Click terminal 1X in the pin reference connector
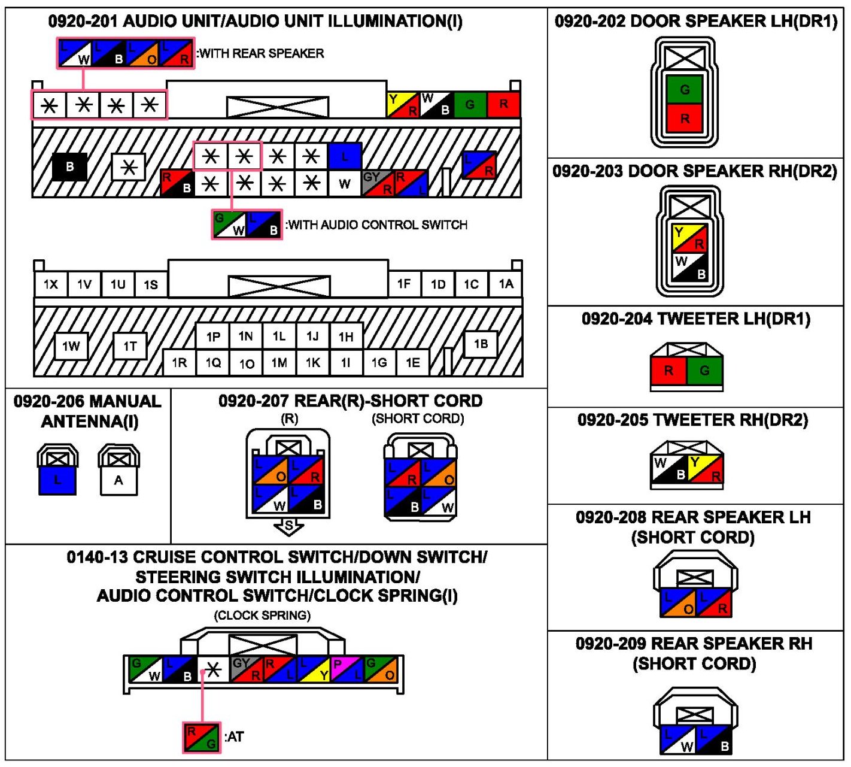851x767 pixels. click(x=51, y=284)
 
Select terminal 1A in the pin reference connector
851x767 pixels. click(x=506, y=284)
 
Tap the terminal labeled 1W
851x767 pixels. click(x=71, y=346)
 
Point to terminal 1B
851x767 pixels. click(x=481, y=344)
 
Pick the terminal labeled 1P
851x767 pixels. click(x=213, y=336)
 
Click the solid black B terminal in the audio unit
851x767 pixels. click(x=70, y=167)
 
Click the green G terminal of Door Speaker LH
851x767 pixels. click(x=685, y=90)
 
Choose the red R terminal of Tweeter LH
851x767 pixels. click(x=668, y=371)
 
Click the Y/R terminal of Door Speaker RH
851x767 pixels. click(x=689, y=238)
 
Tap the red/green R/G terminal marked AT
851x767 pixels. click(x=202, y=737)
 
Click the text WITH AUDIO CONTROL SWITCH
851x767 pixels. click(x=376, y=225)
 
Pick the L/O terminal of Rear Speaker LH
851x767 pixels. click(x=679, y=603)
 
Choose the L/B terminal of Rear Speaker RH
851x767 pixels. click(x=713, y=739)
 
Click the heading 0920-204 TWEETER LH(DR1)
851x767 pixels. click(x=695, y=319)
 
